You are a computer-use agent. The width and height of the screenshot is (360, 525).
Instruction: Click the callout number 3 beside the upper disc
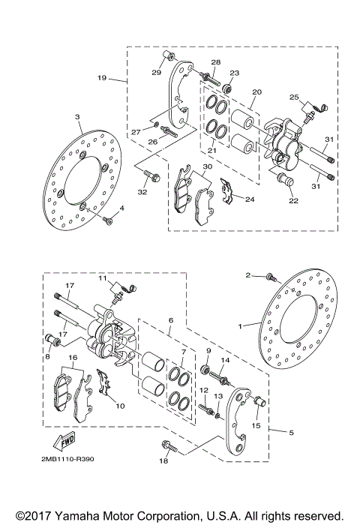click(76, 117)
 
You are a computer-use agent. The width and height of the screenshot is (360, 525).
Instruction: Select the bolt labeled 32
click(150, 177)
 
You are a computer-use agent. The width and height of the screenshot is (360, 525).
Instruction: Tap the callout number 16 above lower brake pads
click(72, 359)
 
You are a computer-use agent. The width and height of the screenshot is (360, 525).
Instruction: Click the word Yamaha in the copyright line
click(70, 516)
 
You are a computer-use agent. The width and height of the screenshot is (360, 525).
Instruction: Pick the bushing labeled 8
click(53, 341)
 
